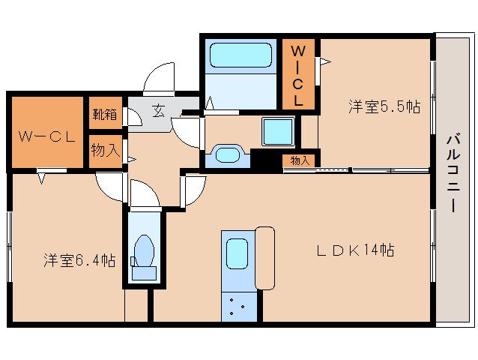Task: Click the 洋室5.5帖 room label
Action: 384,107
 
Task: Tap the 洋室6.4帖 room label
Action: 79,261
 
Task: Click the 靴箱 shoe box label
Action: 105,115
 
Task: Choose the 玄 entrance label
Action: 159,111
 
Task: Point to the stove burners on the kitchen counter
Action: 238,306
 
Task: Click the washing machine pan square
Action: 279,133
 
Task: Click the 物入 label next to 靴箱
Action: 105,150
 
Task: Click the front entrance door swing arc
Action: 159,75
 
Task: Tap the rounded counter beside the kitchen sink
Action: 265,257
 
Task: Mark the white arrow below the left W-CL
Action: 43,176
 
